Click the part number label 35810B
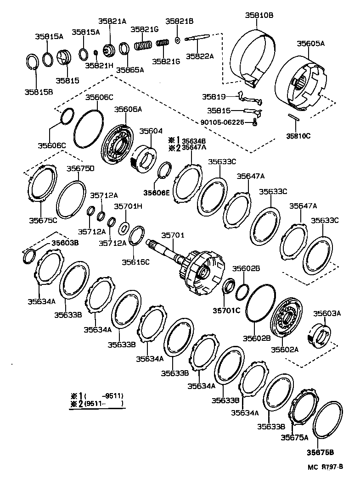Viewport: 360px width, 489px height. (x=259, y=15)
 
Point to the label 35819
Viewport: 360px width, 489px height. (x=213, y=97)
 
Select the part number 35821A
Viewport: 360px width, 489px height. (x=112, y=21)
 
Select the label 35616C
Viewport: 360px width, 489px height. (x=135, y=262)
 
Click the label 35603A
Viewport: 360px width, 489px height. (x=327, y=313)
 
